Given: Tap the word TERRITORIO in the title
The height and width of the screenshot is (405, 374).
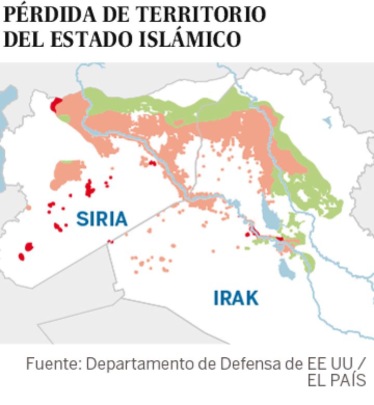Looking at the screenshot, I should pyautogui.click(x=200, y=14).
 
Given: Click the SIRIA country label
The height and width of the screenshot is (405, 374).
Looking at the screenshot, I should pyautogui.click(x=102, y=219).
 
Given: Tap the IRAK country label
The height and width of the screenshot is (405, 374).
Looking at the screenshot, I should pyautogui.click(x=236, y=298).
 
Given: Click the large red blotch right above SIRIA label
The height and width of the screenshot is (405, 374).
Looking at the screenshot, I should pyautogui.click(x=90, y=188).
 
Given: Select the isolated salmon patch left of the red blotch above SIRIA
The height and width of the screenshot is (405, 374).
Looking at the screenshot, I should pyautogui.click(x=66, y=173).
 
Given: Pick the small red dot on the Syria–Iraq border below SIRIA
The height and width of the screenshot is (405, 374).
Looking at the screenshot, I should pyautogui.click(x=110, y=241).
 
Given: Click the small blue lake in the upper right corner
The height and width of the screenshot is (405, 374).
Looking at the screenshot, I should pyautogui.click(x=327, y=123).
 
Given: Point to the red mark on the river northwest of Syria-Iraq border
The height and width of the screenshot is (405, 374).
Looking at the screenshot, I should pyautogui.click(x=152, y=163).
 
